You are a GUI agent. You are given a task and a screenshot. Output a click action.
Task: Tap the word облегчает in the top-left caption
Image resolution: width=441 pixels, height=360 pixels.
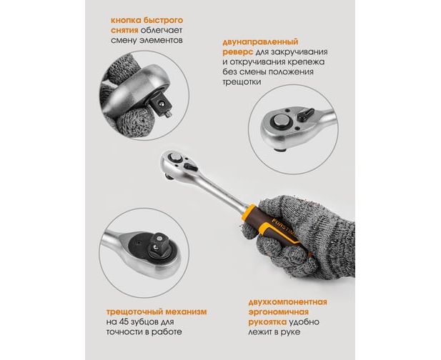pyautogui.click(x=162, y=30)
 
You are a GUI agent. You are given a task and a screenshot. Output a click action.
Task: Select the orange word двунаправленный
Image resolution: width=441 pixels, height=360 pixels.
pyautogui.click(x=260, y=42)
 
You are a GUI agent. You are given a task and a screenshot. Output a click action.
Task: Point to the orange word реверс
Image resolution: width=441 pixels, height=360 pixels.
pyautogui.click(x=237, y=53)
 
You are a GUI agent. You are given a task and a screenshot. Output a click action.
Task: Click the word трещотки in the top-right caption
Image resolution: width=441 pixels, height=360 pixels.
pyautogui.click(x=242, y=82)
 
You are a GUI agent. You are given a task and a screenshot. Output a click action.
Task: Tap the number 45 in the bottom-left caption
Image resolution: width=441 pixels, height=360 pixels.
pyautogui.click(x=124, y=321)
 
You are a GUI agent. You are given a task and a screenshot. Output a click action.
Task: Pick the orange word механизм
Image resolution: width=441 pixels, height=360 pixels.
pyautogui.click(x=186, y=311)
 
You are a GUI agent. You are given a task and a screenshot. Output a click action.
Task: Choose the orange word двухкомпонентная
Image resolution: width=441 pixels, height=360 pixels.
pyautogui.click(x=288, y=302)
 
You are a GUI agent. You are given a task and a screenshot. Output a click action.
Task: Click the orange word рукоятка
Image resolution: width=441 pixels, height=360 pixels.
pyautogui.click(x=267, y=322)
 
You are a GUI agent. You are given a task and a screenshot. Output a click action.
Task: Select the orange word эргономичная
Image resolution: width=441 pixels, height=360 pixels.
pyautogui.click(x=279, y=312)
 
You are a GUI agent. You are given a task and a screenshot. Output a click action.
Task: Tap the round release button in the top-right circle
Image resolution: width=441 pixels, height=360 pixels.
pyautogui.click(x=281, y=122)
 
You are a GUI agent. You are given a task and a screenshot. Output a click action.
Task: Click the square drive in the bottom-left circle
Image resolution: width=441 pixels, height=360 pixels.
pyautogui.click(x=157, y=244)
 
